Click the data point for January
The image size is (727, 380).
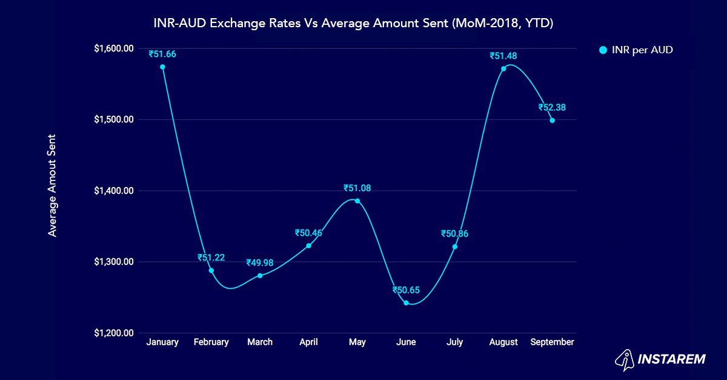click(162, 67)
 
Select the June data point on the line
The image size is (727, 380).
click(406, 303)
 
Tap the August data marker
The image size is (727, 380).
click(503, 68)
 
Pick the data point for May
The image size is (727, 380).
click(357, 201)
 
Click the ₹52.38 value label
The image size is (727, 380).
click(552, 107)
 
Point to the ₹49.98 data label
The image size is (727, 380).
click(259, 263)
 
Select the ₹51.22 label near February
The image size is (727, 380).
click(211, 257)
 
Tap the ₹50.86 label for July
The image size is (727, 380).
click(454, 234)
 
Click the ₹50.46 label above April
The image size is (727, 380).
click(308, 232)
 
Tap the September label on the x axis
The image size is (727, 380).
click(552, 342)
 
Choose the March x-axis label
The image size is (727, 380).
click(259, 342)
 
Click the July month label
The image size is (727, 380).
click(454, 342)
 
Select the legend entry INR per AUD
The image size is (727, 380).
click(636, 50)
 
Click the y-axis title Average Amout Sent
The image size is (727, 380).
click(53, 185)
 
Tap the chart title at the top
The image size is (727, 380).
click(353, 24)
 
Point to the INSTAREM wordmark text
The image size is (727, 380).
click(672, 359)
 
